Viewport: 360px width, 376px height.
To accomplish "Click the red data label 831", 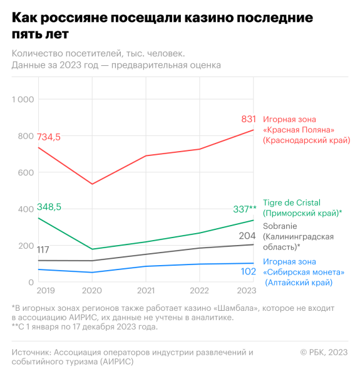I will (249, 119).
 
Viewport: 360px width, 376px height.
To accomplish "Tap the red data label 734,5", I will (49, 137).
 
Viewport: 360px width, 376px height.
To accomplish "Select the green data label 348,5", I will (49, 207).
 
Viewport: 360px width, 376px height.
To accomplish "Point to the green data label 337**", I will (244, 209).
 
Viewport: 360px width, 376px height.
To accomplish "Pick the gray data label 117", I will (43, 249).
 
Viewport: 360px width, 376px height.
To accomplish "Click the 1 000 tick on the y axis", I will (25, 100).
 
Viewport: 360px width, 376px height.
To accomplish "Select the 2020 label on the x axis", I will (92, 291).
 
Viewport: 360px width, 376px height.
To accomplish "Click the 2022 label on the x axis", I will (200, 291).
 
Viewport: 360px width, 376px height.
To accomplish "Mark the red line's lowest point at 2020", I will (92, 184).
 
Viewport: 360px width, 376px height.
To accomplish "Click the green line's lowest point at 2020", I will (92, 249).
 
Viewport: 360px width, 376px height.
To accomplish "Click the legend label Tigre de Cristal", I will (292, 202).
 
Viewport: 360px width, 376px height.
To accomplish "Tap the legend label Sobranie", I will (280, 226).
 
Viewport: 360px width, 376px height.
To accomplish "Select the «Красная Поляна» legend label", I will (301, 130).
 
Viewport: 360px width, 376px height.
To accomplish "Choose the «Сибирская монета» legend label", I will (304, 272).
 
